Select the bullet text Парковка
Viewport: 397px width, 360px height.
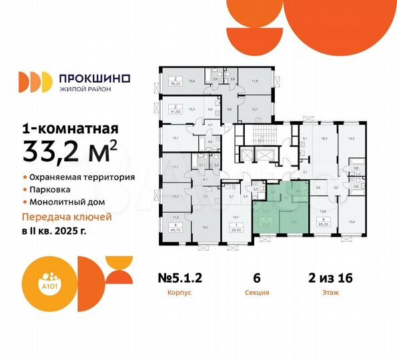click(50, 190)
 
